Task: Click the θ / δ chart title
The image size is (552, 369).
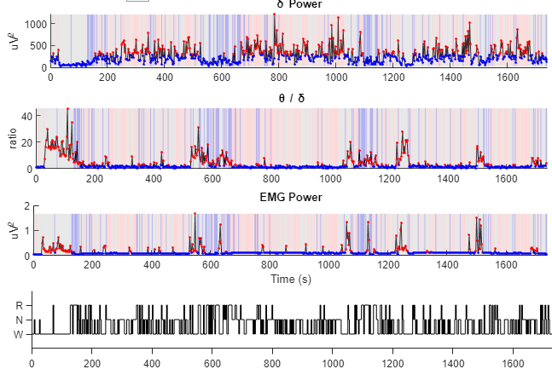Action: click(292, 98)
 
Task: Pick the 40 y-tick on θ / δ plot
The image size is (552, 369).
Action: click(26, 115)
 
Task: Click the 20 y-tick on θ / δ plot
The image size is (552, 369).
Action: click(26, 141)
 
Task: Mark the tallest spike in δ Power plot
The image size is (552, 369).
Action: click(275, 15)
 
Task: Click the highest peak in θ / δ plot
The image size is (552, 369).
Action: click(67, 109)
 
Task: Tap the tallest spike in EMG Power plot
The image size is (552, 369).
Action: click(195, 214)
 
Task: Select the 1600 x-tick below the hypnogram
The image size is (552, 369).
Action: click(513, 362)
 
